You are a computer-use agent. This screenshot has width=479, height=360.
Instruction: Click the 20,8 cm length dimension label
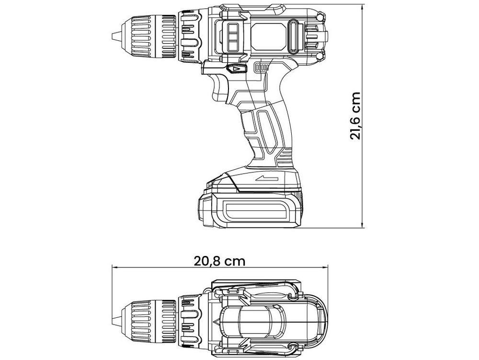pos(219,261)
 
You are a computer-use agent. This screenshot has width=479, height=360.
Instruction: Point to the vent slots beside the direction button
pos(261,68)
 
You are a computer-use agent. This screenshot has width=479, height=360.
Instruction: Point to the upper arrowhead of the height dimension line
pos(362,6)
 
